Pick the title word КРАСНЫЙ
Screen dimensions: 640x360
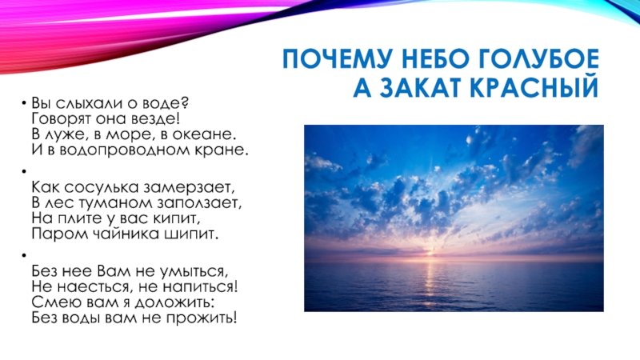point(534,86)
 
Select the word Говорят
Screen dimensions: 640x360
point(62,119)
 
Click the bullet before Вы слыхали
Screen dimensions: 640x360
point(25,102)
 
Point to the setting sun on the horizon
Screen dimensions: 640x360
point(428,253)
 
